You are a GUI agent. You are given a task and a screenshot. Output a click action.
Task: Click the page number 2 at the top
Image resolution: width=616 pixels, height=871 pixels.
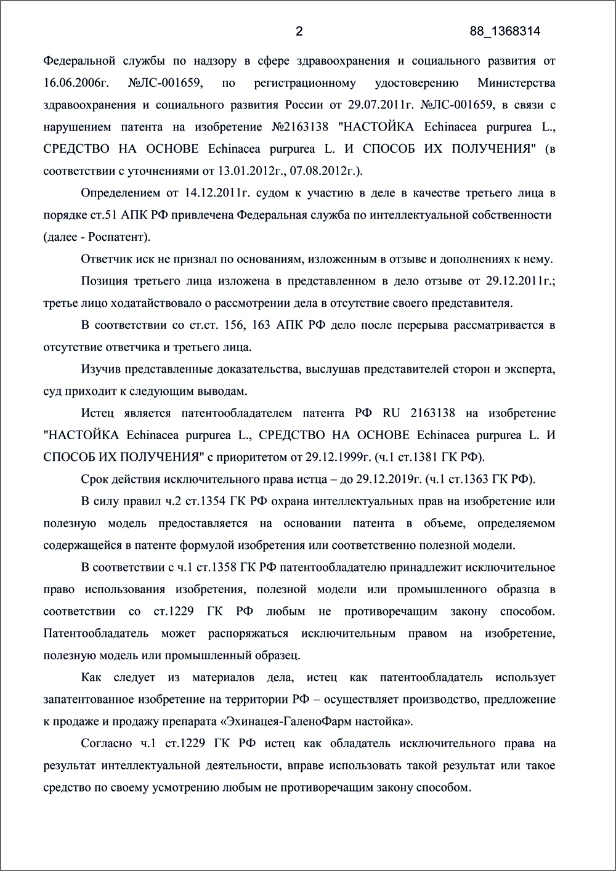pyautogui.click(x=299, y=31)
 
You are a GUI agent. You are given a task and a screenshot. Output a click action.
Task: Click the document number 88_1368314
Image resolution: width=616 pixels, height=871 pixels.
pyautogui.click(x=505, y=31)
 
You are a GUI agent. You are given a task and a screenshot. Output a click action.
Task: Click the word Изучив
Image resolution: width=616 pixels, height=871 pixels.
pyautogui.click(x=100, y=369)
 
